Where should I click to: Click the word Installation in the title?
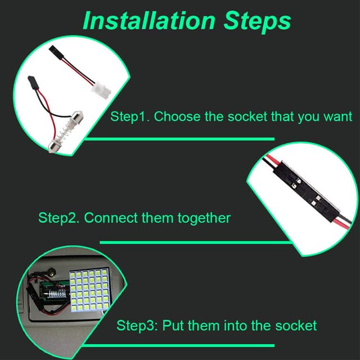click(149, 21)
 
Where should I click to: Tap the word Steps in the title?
click(258, 22)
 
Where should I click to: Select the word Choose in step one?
click(177, 116)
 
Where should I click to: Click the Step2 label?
click(59, 218)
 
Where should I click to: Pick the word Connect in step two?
click(111, 218)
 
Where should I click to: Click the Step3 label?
click(137, 326)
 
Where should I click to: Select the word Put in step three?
click(173, 325)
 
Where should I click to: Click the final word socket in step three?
click(296, 326)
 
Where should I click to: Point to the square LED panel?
click(90, 290)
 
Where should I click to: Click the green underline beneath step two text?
click(195, 242)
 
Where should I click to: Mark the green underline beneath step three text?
click(178, 345)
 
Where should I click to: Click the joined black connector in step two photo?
click(306, 191)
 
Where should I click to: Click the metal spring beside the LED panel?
click(56, 294)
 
